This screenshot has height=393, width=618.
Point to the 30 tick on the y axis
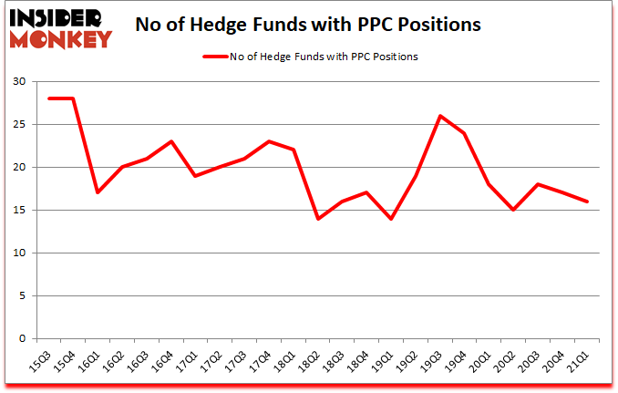point(18,82)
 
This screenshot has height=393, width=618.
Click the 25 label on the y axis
point(18,125)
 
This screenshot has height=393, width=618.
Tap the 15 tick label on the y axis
point(18,211)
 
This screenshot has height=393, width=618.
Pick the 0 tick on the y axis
point(22,339)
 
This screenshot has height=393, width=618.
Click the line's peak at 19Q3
point(441,116)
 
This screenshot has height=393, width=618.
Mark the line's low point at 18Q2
point(318,219)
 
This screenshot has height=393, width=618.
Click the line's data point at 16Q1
point(97,192)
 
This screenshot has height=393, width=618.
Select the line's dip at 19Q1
point(392,219)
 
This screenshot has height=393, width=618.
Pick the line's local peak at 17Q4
point(269,141)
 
